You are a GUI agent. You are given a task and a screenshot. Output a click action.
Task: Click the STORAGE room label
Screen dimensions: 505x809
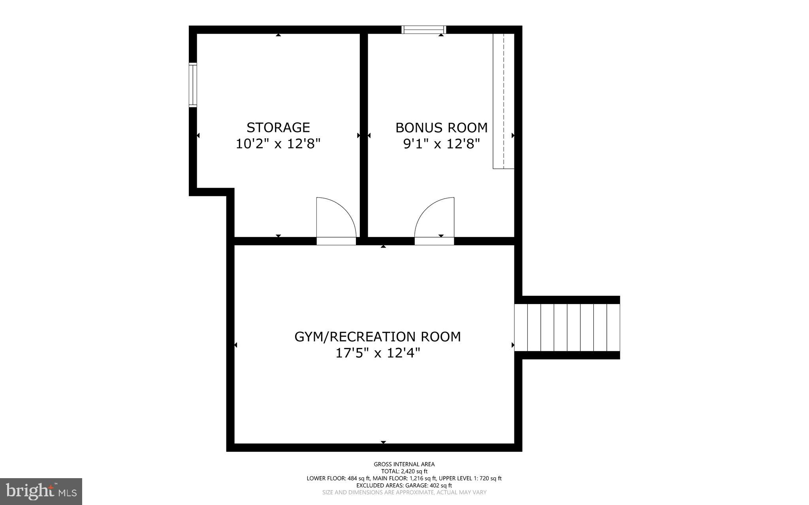pos(278,128)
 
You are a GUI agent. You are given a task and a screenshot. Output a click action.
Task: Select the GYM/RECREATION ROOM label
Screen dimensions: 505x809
pos(377,337)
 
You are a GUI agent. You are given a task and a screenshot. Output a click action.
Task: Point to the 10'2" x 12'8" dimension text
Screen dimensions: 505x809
pos(278,144)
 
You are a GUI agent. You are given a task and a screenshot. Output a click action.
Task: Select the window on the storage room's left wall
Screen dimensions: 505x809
pos(193,85)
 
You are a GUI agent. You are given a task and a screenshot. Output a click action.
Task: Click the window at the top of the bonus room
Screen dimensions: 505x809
pos(424,30)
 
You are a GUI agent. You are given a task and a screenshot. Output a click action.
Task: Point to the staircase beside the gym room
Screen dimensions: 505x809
pos(567,327)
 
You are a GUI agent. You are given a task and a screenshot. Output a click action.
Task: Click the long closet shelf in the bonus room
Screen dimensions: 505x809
pos(504,101)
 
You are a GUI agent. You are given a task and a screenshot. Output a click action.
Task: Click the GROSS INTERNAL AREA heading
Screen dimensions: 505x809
pos(404,464)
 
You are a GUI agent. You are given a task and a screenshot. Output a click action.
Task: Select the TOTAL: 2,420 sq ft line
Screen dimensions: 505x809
pos(404,471)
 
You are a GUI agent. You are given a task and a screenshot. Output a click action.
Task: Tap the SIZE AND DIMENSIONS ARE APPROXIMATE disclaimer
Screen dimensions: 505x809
pos(404,492)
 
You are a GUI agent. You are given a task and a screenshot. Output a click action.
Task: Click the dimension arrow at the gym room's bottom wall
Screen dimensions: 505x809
pos(383,442)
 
